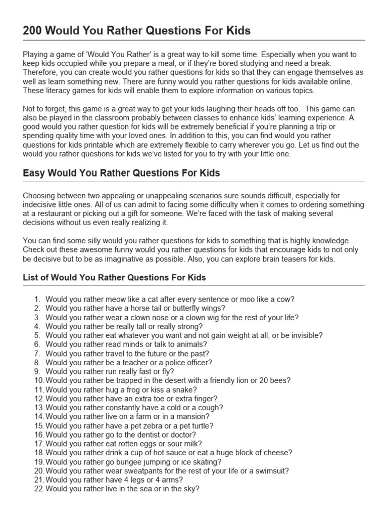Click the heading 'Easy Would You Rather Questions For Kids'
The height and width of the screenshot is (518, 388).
[x=121, y=173]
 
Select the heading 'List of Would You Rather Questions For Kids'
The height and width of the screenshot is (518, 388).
[x=115, y=278]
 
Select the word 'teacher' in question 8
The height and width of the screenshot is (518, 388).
[x=124, y=362]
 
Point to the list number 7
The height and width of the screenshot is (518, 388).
[x=37, y=353]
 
